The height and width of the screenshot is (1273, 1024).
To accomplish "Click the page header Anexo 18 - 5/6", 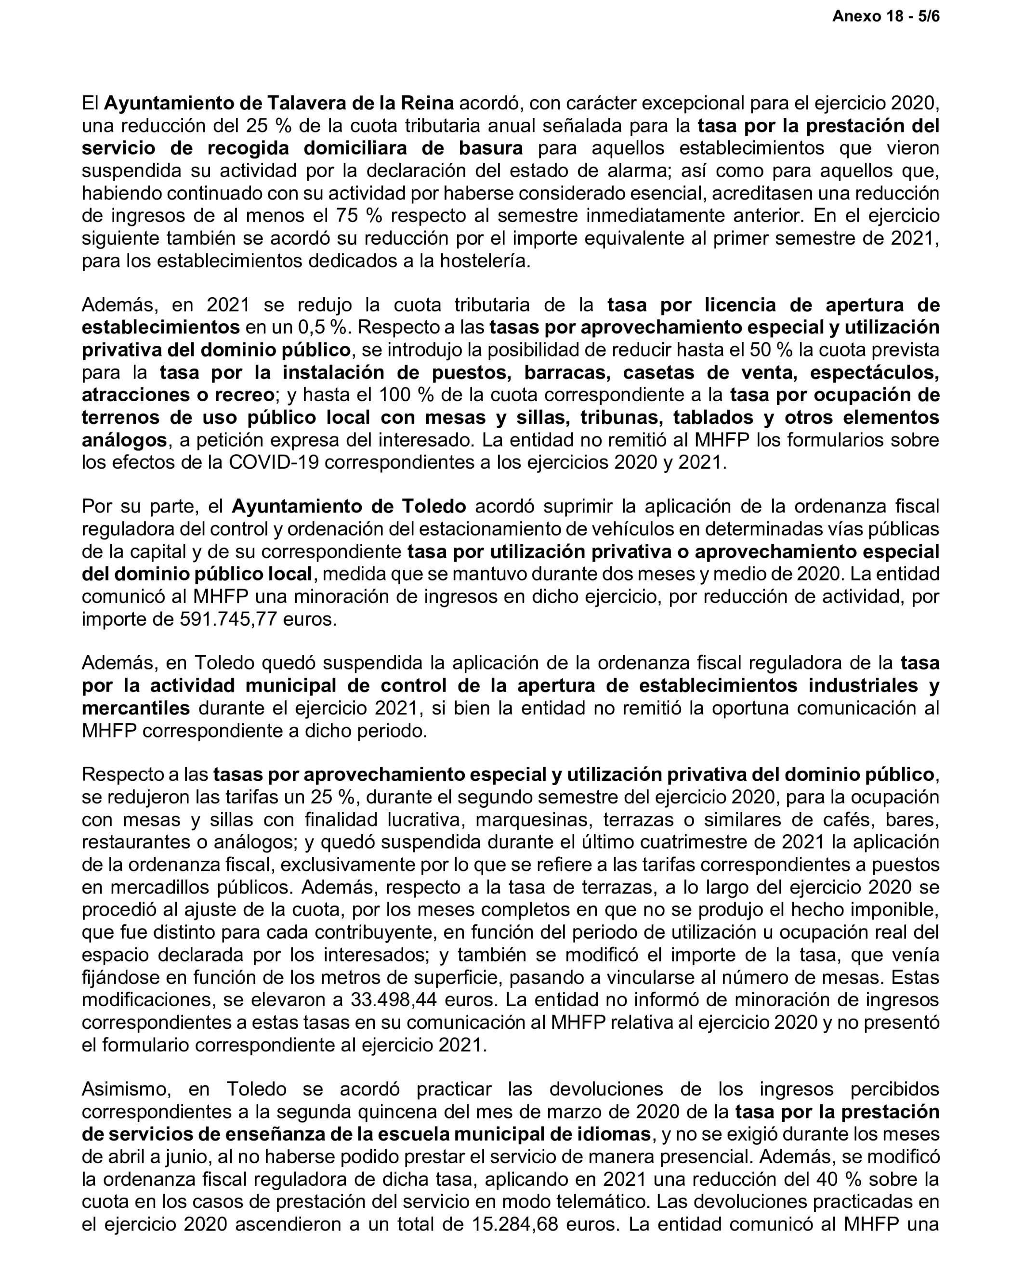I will (885, 16).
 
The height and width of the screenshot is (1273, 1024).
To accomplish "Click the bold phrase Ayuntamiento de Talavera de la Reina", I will (279, 104).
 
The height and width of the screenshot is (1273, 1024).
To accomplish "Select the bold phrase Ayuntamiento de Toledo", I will (348, 507).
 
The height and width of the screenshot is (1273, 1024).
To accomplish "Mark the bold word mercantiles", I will (136, 708).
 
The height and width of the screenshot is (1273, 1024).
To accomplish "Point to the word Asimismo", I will (126, 1089).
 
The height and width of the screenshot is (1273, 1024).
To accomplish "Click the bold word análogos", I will (124, 441).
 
